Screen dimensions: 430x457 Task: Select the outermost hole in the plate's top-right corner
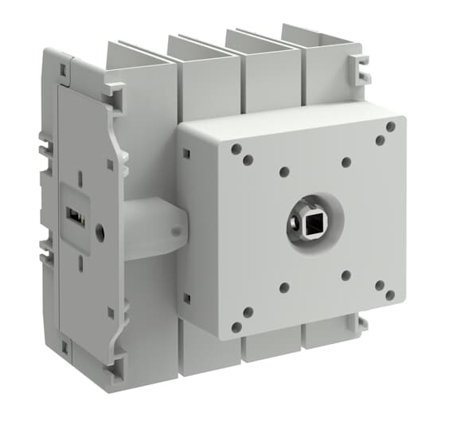tap(390, 127)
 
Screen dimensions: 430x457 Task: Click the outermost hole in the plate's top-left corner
tap(236, 148)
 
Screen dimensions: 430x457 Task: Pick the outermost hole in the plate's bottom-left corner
tap(236, 326)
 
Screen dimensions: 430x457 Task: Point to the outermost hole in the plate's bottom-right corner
tap(390, 295)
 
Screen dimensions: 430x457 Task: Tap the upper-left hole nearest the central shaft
tap(284, 171)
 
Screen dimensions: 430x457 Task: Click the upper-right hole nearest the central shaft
tap(346, 162)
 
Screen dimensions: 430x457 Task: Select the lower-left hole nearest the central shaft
tap(284, 288)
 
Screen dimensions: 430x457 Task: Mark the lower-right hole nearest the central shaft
tap(346, 276)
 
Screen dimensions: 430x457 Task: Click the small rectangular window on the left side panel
tap(72, 217)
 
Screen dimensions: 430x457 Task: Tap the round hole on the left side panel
tap(99, 233)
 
